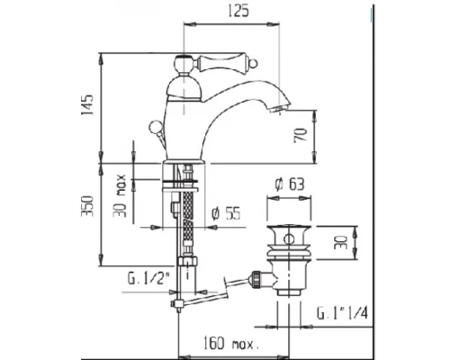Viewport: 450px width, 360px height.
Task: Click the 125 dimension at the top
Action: tap(237, 12)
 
